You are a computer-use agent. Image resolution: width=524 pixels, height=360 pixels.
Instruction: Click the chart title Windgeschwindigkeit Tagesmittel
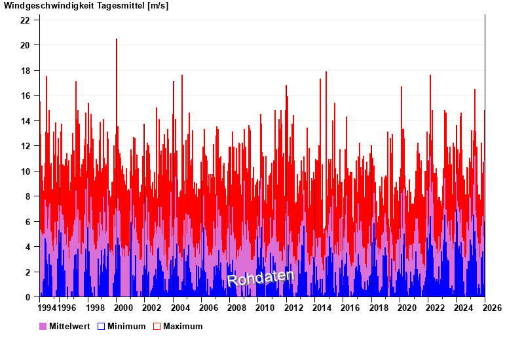click(x=86, y=6)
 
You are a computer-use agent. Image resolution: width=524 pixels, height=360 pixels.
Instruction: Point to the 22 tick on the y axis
click(x=25, y=20)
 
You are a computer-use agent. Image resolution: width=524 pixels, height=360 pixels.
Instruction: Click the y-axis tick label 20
click(x=25, y=45)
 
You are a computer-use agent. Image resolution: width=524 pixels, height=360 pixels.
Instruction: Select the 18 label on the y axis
click(x=25, y=71)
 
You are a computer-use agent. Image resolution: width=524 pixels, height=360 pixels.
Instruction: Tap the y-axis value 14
click(x=25, y=121)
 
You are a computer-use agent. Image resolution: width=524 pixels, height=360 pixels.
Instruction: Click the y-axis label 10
click(x=25, y=171)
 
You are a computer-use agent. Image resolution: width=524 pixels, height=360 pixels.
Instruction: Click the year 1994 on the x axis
click(x=48, y=308)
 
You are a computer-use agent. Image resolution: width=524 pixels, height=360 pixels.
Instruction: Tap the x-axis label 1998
click(x=95, y=308)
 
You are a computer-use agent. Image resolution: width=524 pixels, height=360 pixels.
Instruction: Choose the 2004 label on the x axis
click(x=180, y=308)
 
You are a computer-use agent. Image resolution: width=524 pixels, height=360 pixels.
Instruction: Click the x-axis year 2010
click(x=265, y=308)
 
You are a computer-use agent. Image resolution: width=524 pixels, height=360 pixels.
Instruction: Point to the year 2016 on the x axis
click(x=350, y=308)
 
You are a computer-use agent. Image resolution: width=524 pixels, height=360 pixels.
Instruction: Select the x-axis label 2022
click(x=436, y=308)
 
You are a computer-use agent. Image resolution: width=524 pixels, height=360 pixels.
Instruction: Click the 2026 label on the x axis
click(x=492, y=308)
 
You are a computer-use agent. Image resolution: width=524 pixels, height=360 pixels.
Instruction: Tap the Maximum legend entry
click(x=182, y=326)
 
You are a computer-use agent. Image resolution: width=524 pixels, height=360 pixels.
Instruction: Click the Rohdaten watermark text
click(x=261, y=278)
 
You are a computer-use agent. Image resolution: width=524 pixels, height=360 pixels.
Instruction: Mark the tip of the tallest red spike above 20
click(x=117, y=39)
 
